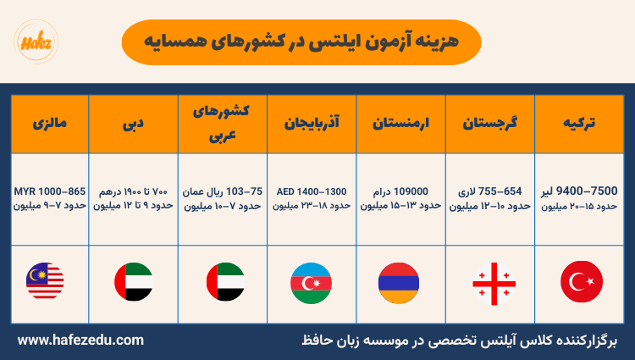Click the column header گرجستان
490,123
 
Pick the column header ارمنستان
401,123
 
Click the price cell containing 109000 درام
401,198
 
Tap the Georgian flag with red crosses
490,281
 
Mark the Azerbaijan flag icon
310,281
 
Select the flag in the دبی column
133,281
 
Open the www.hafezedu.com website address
80,341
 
